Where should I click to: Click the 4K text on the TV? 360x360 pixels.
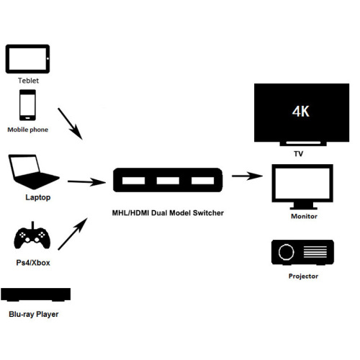301,112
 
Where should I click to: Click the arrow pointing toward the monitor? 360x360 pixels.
246,175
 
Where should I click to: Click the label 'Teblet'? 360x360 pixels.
27,81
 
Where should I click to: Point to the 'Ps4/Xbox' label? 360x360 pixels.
33,263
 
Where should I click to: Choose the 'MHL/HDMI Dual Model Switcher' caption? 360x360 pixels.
168,213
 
